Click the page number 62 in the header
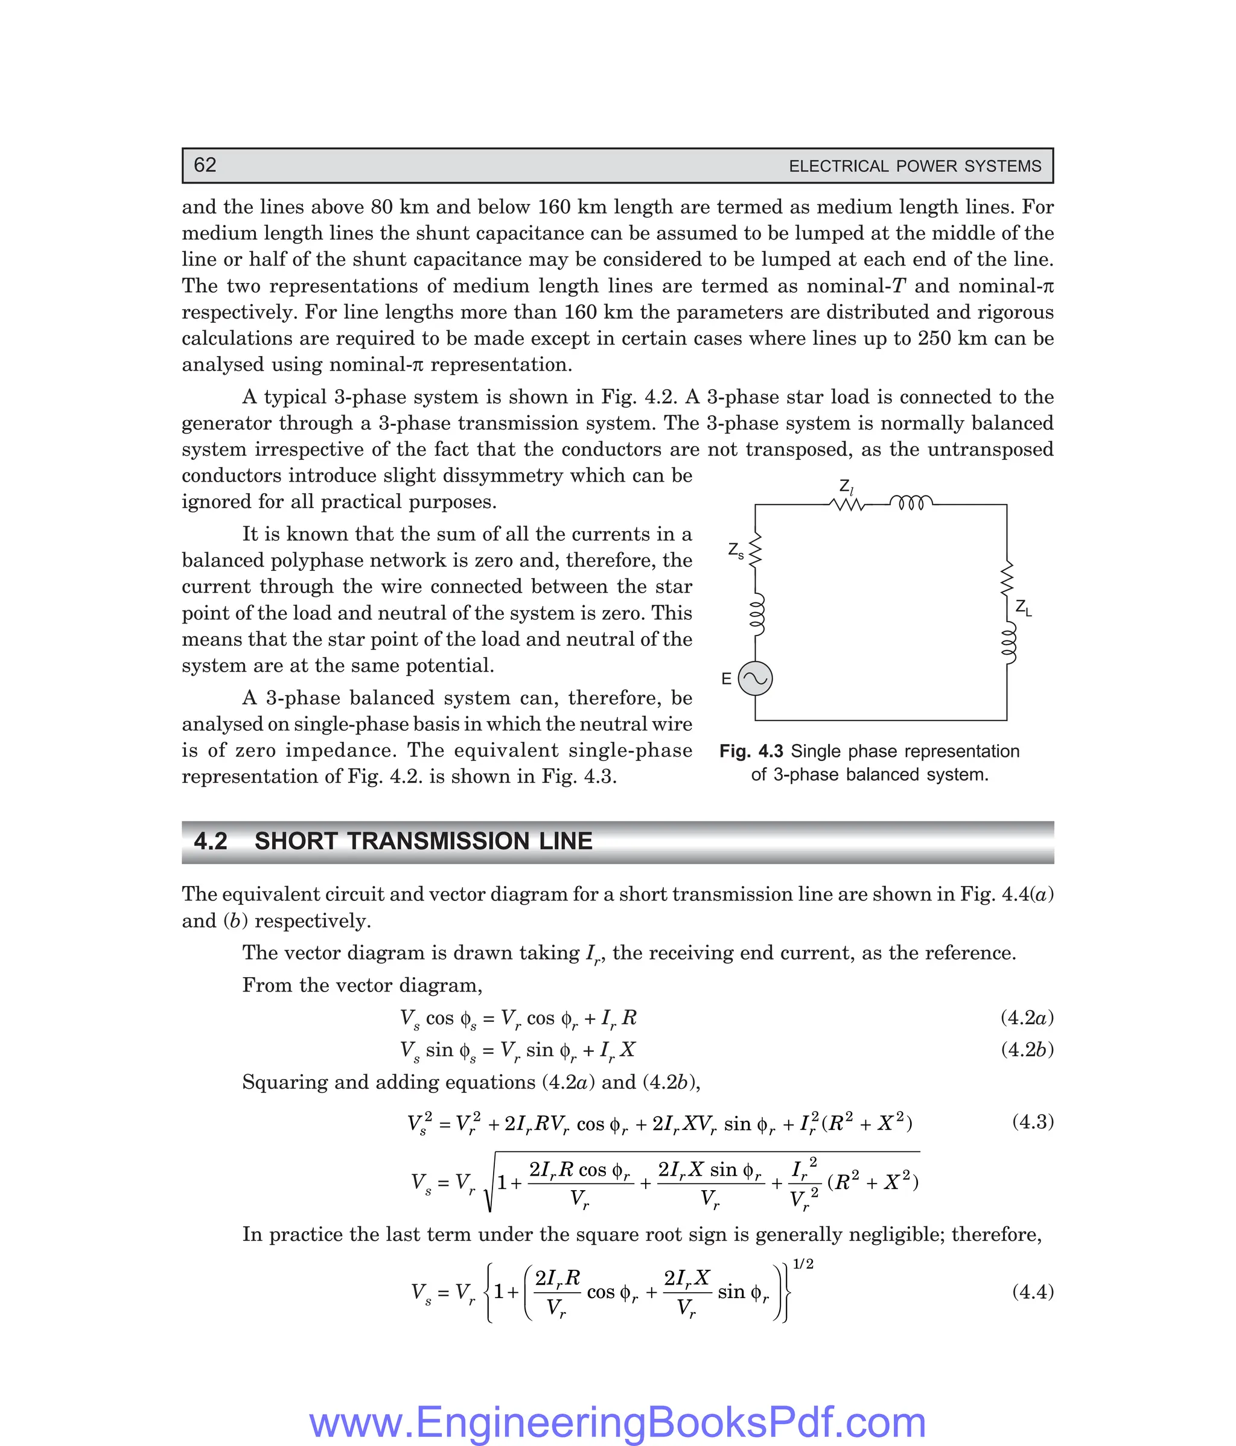tap(205, 165)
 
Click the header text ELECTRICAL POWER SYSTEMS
tap(914, 166)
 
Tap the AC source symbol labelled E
tap(755, 678)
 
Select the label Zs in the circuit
tap(736, 550)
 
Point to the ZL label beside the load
tap(1023, 608)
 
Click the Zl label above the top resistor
tap(846, 486)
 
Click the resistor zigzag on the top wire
tap(847, 504)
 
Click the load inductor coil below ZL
tap(1008, 643)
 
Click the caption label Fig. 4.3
tap(751, 751)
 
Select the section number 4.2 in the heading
tap(210, 841)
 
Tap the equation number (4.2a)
tap(1027, 1018)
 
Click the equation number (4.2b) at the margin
tap(1027, 1049)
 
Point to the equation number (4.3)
tap(1032, 1121)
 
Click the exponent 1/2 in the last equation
tap(803, 1264)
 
